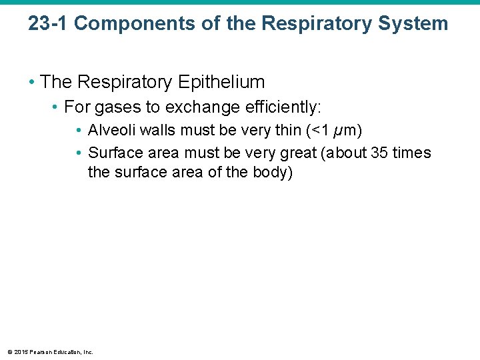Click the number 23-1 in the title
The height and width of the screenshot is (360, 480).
tap(48, 23)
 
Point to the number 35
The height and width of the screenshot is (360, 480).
tap(379, 153)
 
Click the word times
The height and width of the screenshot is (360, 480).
tap(412, 153)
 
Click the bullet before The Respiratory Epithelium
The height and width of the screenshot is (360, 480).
tap(31, 83)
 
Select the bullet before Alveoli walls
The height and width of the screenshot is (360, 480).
tap(79, 130)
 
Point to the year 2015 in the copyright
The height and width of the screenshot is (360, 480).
tap(20, 352)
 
